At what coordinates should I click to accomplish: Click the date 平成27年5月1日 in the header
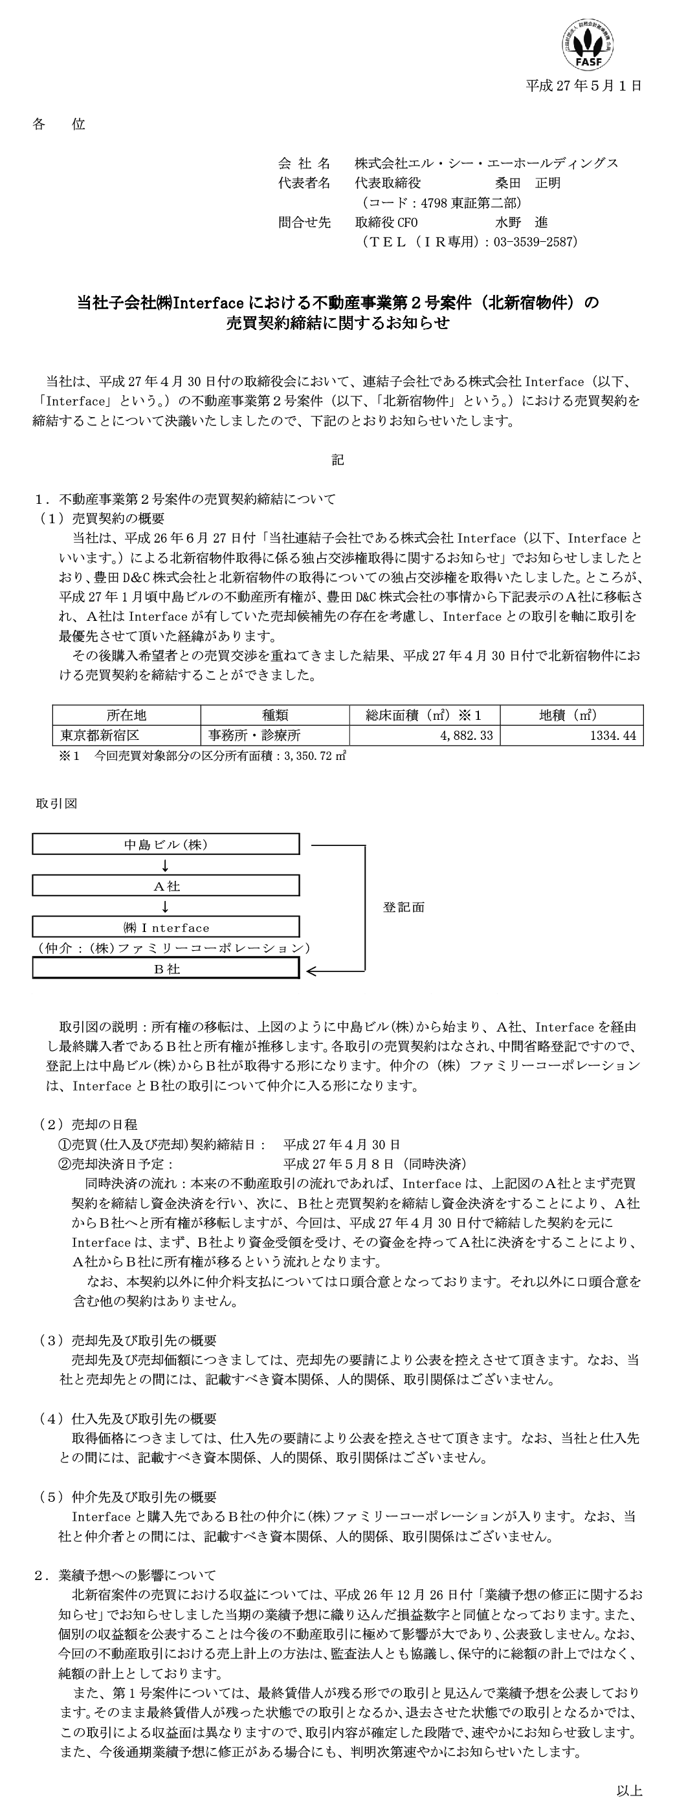tap(584, 86)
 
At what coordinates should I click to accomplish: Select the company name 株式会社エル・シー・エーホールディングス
tap(486, 163)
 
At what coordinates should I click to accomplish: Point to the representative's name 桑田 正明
tap(527, 183)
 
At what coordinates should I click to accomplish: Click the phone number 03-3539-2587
tap(537, 242)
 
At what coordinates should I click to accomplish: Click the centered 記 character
tap(338, 460)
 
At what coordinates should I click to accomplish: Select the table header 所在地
tap(126, 715)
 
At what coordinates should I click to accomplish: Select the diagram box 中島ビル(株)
tap(166, 844)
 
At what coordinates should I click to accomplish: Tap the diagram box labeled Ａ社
tap(166, 886)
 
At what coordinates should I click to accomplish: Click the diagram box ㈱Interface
tap(166, 927)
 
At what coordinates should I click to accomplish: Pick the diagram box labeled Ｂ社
tap(166, 969)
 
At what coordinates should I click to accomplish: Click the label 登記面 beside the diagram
tap(404, 907)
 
